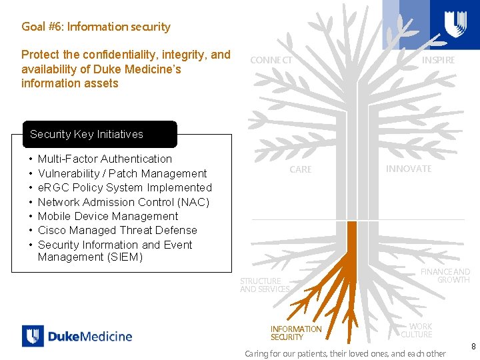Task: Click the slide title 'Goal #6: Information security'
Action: pyautogui.click(x=96, y=27)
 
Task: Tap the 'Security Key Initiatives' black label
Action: pyautogui.click(x=87, y=134)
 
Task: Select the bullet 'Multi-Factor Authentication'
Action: pyautogui.click(x=105, y=159)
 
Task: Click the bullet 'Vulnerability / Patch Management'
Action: pyautogui.click(x=122, y=173)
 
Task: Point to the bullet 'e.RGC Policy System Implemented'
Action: pyautogui.click(x=125, y=187)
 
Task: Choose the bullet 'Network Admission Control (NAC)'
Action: pyautogui.click(x=123, y=202)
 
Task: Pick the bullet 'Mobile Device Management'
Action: pyautogui.click(x=108, y=216)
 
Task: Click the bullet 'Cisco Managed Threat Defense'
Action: pyautogui.click(x=117, y=230)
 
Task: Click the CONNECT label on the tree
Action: pyautogui.click(x=271, y=60)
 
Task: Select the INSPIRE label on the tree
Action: pyautogui.click(x=438, y=60)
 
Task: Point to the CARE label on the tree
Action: pyautogui.click(x=300, y=169)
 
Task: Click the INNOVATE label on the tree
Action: pyautogui.click(x=408, y=169)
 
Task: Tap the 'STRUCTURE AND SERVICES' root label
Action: pyautogui.click(x=265, y=285)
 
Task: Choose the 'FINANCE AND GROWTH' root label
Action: pyautogui.click(x=445, y=275)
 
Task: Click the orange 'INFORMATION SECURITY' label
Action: pyautogui.click(x=295, y=333)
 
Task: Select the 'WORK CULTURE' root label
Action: pyautogui.click(x=417, y=330)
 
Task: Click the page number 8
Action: pyautogui.click(x=473, y=347)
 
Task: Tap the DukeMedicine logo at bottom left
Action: pyautogui.click(x=77, y=336)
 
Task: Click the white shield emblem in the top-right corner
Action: pyautogui.click(x=455, y=24)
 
